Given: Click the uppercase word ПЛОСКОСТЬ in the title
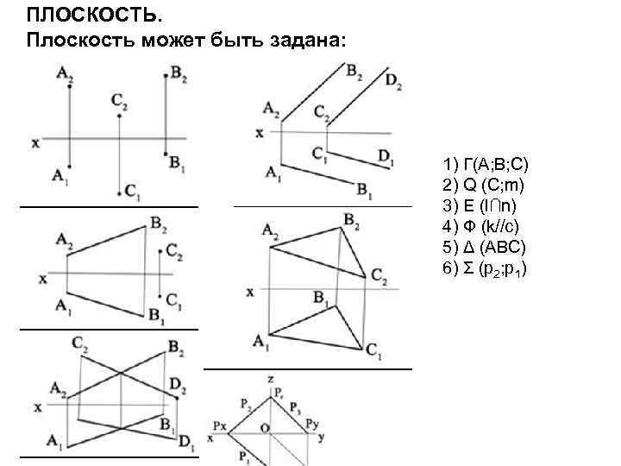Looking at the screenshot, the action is point(78,15).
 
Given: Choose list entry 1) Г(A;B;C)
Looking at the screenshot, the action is point(491,164).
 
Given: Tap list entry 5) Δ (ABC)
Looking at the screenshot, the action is point(484,247).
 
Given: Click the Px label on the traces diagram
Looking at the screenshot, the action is point(220,425).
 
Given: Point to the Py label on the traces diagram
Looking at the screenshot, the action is point(312,425).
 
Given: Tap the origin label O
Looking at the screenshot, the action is point(266,426).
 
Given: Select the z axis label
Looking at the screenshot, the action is point(271,379).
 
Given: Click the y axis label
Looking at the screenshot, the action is point(321,438).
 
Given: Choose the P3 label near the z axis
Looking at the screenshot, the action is point(296,406).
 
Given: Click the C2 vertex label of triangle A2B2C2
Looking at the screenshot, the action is point(379,276).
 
